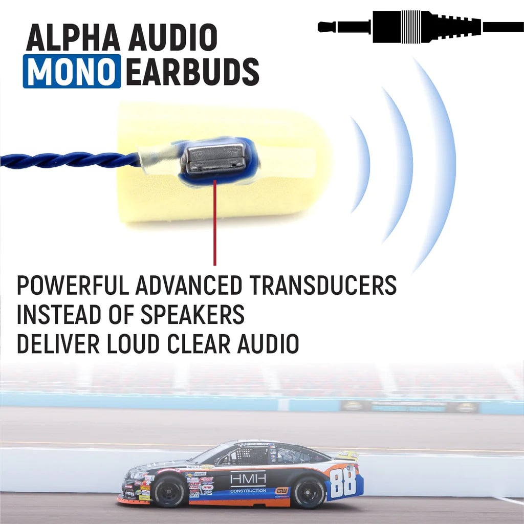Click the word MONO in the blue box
(x=72, y=71)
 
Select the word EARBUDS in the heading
(x=192, y=71)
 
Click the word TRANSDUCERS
(x=322, y=285)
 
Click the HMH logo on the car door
(x=248, y=478)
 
